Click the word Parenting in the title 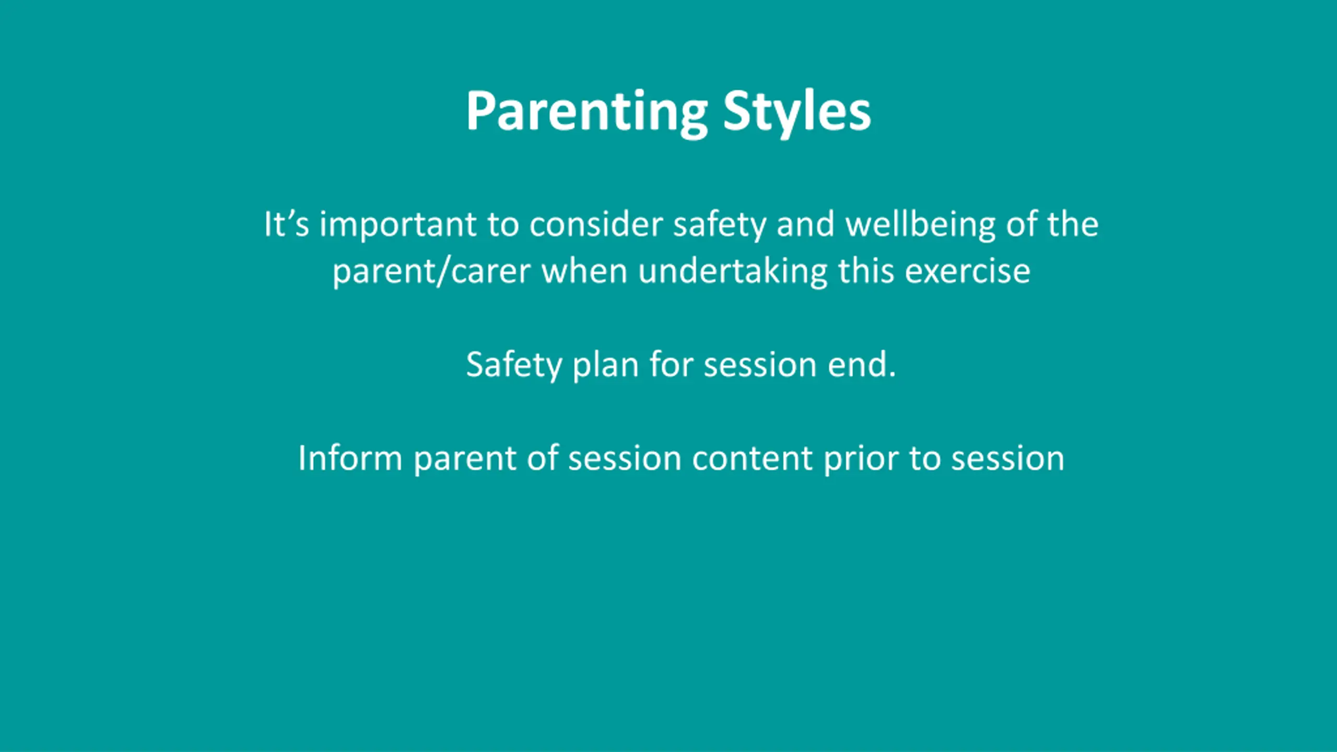(x=587, y=112)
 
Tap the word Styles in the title (x=797, y=112)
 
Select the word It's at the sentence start (x=286, y=224)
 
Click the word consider (x=596, y=224)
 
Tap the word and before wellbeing (x=805, y=224)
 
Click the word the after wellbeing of (x=1073, y=224)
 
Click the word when (x=584, y=271)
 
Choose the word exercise (x=968, y=271)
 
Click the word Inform (x=350, y=458)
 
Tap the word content (x=752, y=459)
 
